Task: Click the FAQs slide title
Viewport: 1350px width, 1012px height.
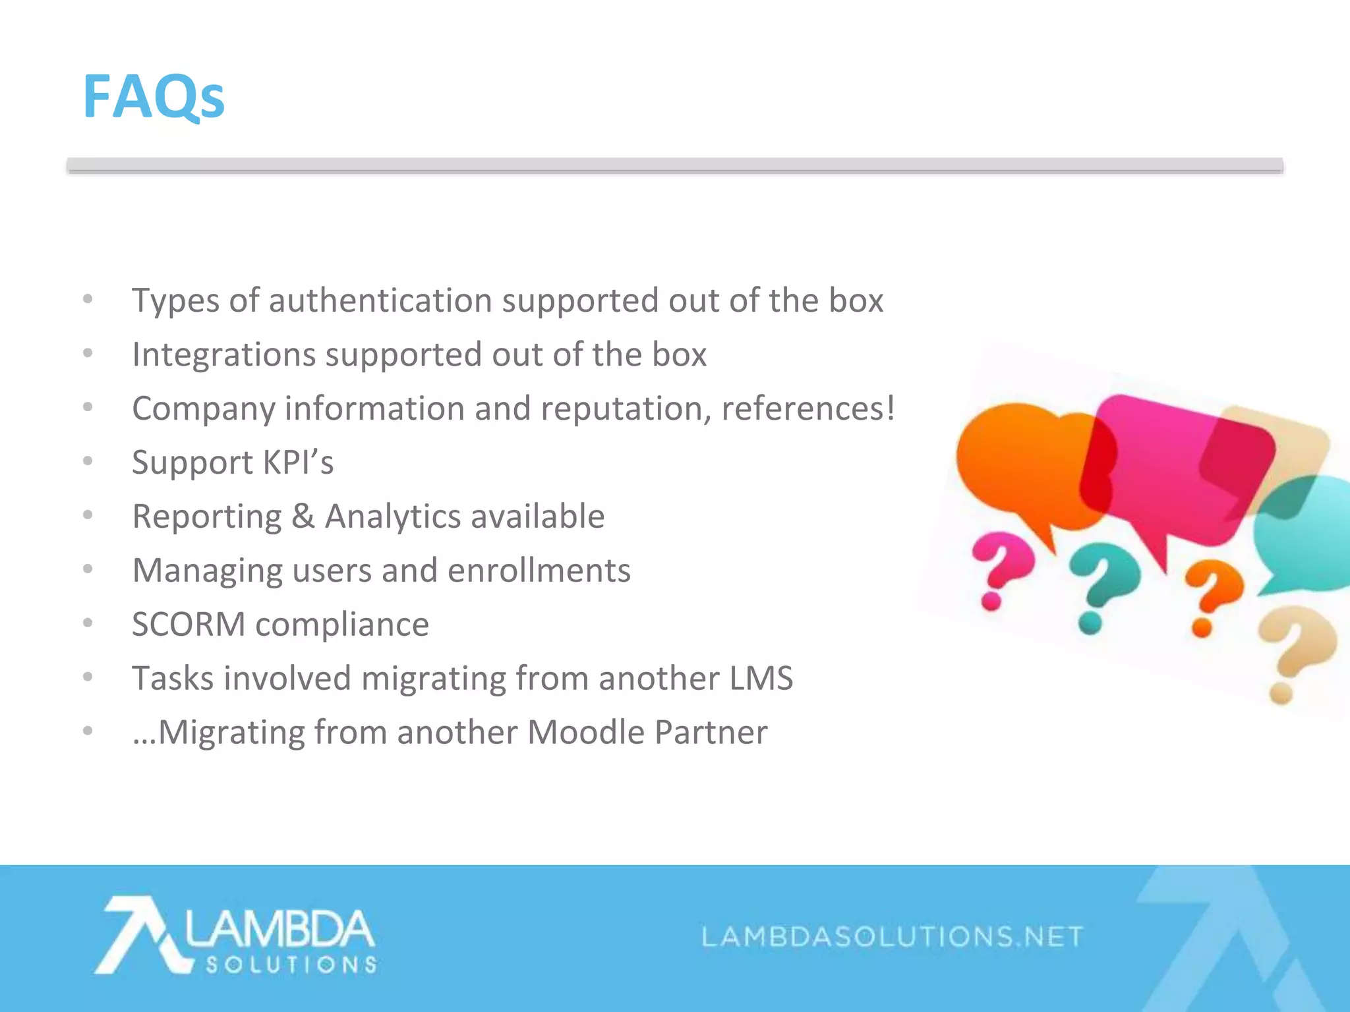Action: pos(154,97)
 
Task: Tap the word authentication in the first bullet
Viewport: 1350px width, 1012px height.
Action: pos(380,301)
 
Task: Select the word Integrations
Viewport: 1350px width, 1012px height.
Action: pos(223,355)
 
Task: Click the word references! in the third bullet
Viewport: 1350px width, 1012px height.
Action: pos(808,408)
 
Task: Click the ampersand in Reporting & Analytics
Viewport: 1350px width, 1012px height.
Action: pos(303,517)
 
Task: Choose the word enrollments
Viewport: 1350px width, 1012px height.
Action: pos(539,571)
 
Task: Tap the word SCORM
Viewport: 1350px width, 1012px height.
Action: pos(189,625)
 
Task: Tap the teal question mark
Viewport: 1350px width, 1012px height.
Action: pos(1102,586)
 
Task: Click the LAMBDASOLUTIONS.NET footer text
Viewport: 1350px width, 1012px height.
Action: pos(892,936)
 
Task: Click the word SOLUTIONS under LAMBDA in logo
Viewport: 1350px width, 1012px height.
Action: pos(291,965)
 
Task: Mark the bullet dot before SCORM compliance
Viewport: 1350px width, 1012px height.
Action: pos(88,623)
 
